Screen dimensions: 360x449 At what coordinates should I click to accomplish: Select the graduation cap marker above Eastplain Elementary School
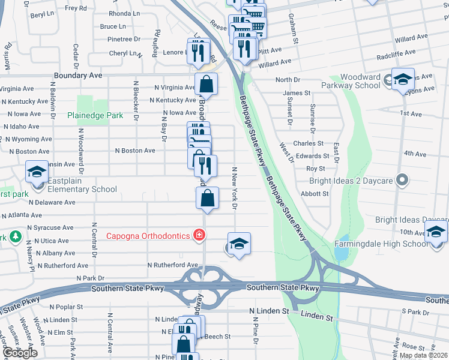point(37,173)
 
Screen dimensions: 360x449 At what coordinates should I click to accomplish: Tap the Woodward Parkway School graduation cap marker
point(403,80)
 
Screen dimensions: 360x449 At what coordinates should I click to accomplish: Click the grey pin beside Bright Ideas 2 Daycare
point(403,180)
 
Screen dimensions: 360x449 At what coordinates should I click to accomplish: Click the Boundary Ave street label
point(78,76)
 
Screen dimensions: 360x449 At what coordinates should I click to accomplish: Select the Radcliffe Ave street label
point(397,53)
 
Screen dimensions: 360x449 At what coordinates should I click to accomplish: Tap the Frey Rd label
point(76,8)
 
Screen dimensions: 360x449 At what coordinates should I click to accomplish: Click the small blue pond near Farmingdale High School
point(342,253)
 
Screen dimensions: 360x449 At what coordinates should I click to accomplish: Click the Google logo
point(20,353)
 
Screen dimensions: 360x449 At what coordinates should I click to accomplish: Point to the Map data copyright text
point(423,355)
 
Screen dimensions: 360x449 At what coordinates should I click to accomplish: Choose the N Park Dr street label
point(90,278)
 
